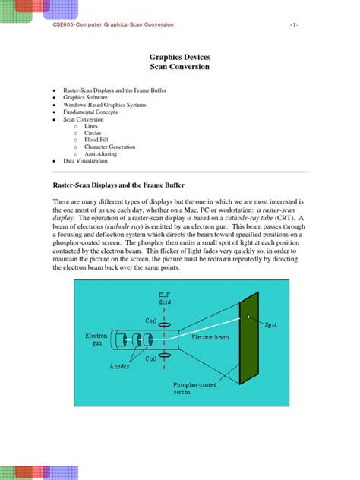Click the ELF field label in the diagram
(166, 298)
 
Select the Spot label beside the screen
(271, 324)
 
